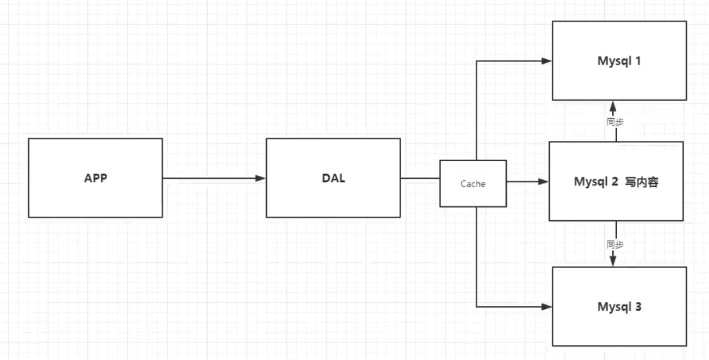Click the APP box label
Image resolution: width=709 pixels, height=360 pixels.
(x=95, y=179)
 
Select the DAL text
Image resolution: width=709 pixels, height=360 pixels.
(x=333, y=179)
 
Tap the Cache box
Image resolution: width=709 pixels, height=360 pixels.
(x=472, y=183)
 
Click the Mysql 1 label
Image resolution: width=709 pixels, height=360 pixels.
(x=619, y=61)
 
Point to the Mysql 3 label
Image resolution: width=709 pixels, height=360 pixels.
(x=619, y=307)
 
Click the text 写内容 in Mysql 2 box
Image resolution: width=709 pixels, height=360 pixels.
(x=641, y=182)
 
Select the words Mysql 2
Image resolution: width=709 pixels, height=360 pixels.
(x=595, y=182)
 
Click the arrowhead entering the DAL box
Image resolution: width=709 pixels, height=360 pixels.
(x=261, y=179)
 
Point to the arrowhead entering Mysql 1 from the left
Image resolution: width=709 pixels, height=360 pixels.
(x=546, y=61)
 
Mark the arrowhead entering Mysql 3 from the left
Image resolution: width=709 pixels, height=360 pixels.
(x=546, y=307)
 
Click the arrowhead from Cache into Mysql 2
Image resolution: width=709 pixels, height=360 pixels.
(x=543, y=182)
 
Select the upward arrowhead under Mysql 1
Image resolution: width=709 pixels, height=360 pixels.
(x=613, y=107)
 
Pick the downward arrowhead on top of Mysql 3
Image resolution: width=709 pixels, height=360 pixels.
(x=613, y=261)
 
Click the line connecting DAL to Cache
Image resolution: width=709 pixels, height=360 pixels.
(x=420, y=179)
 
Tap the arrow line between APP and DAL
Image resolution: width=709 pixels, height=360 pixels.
(x=208, y=179)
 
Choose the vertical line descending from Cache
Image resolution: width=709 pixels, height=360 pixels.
(x=476, y=255)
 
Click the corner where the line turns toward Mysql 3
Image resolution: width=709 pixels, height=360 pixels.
(x=476, y=307)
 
